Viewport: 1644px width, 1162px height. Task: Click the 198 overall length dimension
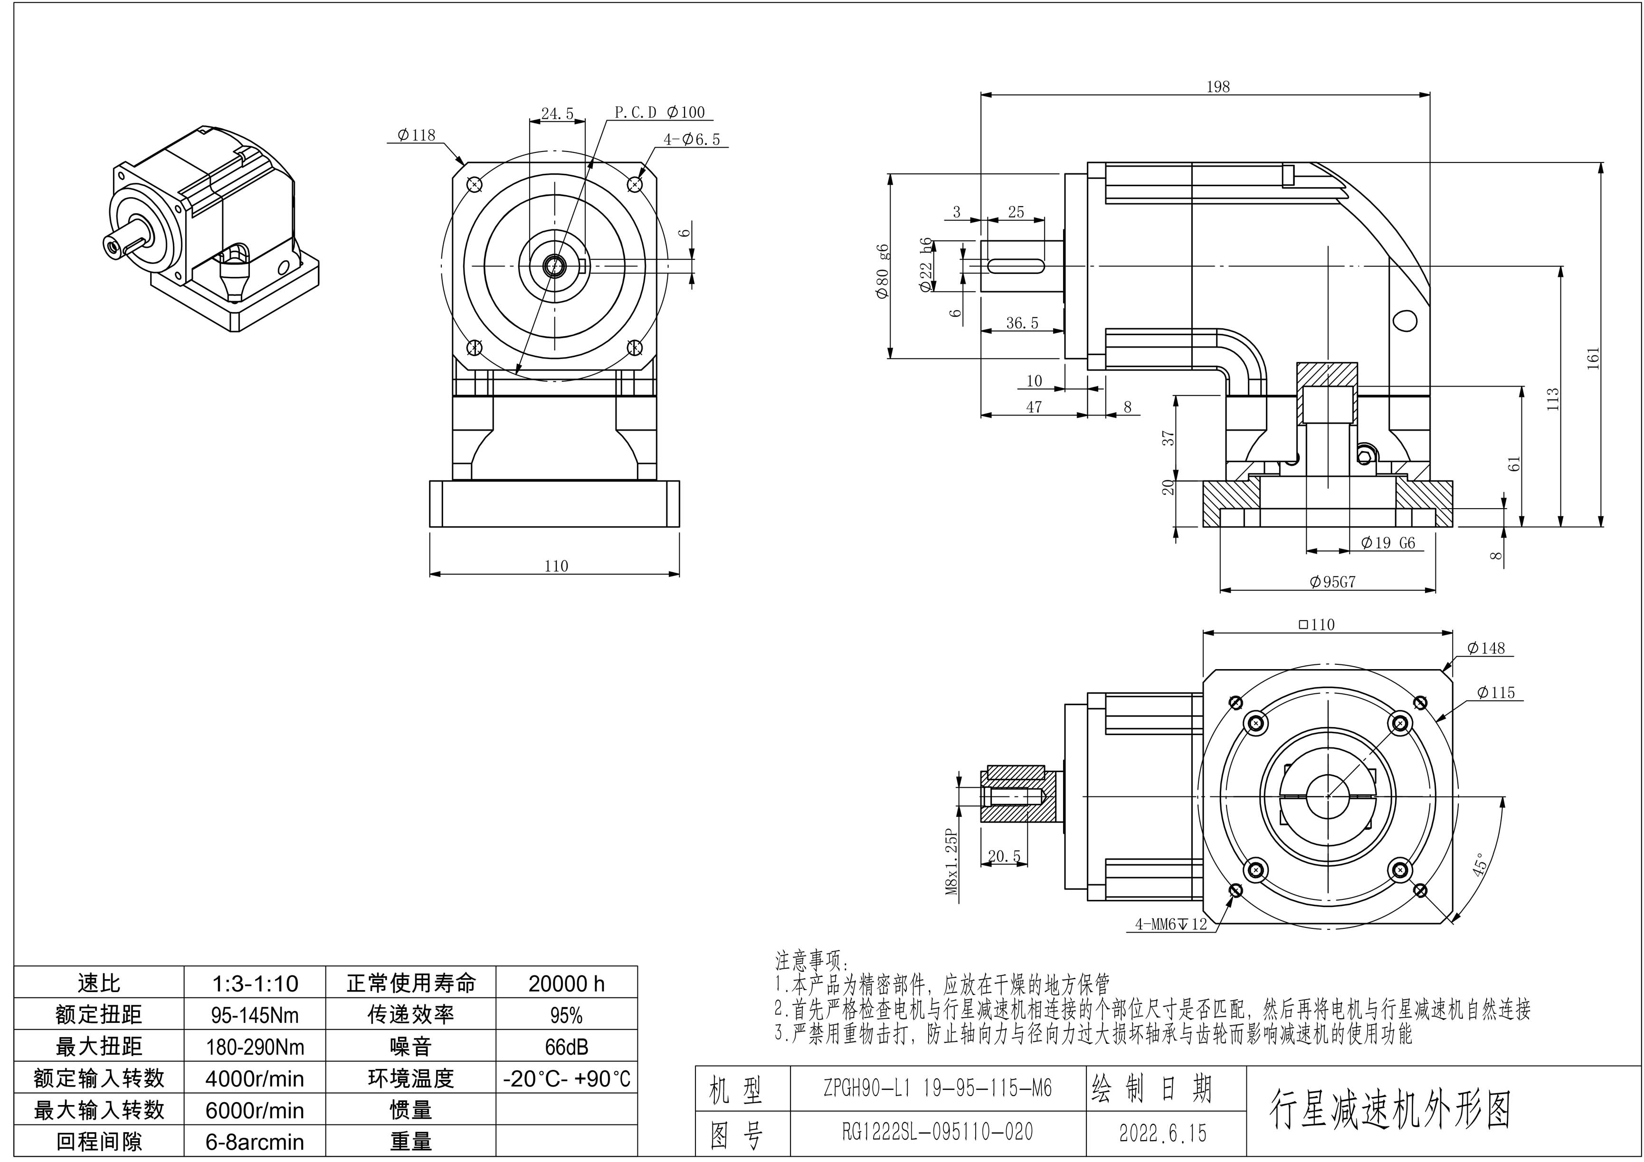[x=1217, y=86]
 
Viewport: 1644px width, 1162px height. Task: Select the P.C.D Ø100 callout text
[x=659, y=113]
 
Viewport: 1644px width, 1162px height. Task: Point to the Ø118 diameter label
[x=416, y=134]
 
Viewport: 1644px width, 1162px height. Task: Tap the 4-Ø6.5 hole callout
[x=691, y=140]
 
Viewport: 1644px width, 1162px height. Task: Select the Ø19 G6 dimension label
[x=1387, y=543]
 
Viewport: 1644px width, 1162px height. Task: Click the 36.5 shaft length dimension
[x=1022, y=323]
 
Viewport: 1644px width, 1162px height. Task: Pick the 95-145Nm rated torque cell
[x=255, y=1015]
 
